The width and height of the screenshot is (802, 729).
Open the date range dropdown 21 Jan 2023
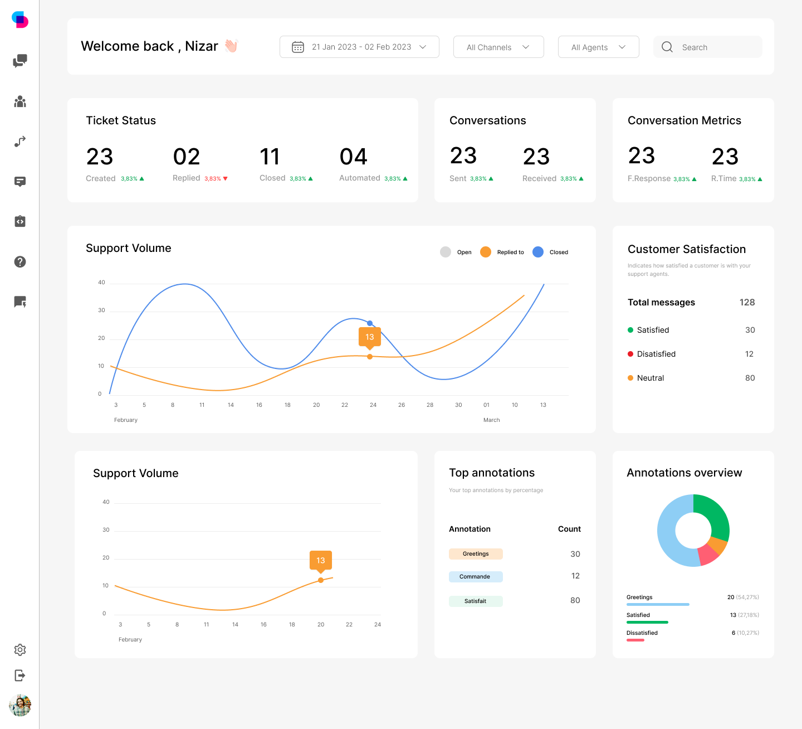(359, 47)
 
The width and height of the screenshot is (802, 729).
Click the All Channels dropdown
(498, 47)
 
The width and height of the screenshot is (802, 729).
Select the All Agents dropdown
(598, 47)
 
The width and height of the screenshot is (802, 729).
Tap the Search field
(708, 47)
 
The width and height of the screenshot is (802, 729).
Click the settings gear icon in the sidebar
(20, 650)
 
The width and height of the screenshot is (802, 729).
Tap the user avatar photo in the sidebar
(20, 705)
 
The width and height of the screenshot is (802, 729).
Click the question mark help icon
(20, 262)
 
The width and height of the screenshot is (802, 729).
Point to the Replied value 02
(187, 157)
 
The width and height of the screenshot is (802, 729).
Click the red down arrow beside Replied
(226, 179)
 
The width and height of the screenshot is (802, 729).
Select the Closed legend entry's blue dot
(538, 252)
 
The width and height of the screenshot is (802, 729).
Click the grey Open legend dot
(446, 252)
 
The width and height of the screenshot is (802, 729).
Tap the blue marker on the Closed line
(370, 323)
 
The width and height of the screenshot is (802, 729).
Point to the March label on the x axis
(491, 420)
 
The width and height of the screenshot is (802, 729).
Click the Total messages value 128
(747, 302)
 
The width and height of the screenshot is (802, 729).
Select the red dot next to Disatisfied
(630, 354)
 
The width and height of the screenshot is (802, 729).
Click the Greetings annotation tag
(476, 554)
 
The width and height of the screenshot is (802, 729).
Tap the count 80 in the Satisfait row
(575, 600)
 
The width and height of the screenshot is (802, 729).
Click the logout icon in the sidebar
(20, 675)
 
